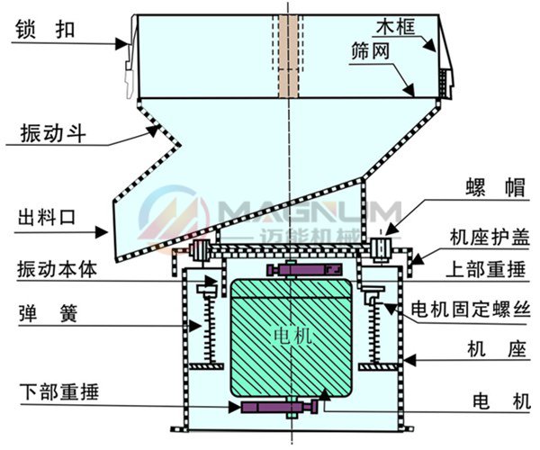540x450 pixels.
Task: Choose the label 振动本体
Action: pyautogui.click(x=55, y=269)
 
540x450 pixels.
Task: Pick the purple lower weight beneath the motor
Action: pyautogui.click(x=279, y=408)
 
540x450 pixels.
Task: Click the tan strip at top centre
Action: pyautogui.click(x=287, y=55)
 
